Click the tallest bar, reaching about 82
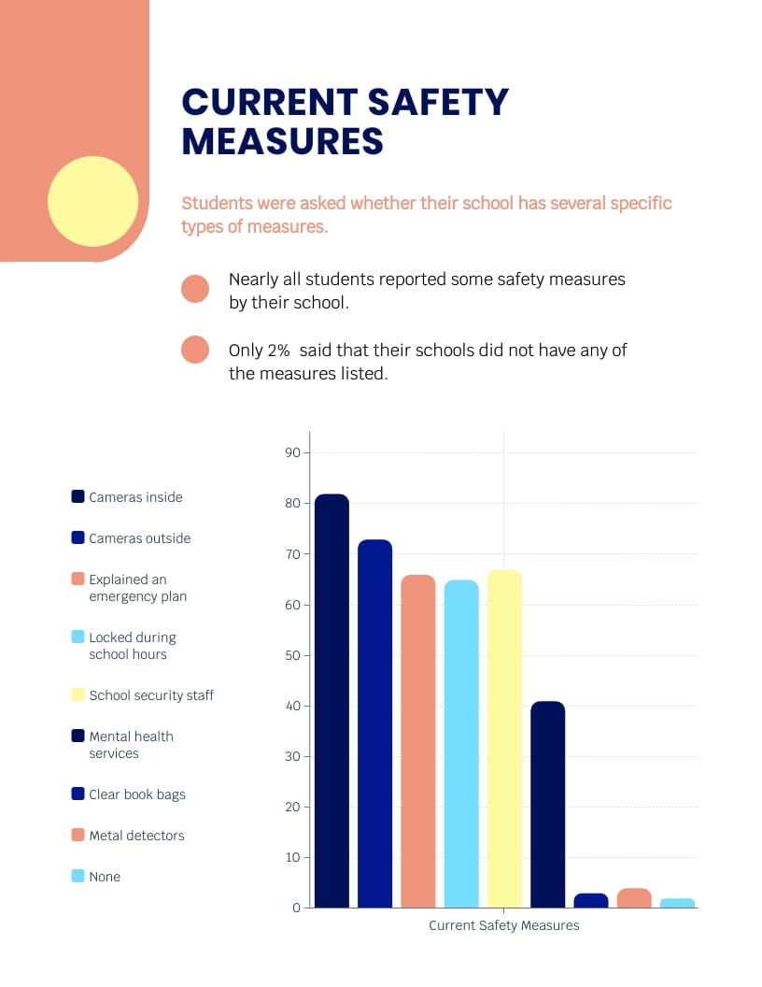pos(332,701)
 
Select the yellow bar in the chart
pos(504,738)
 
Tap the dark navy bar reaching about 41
pos(547,804)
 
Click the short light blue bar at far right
pos(677,903)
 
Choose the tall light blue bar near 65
pos(461,744)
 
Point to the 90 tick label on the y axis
pos(292,453)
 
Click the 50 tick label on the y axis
pos(292,655)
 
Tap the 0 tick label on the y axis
pos(296,908)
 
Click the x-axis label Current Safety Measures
pos(503,925)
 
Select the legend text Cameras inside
pos(135,497)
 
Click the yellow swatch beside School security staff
pos(78,694)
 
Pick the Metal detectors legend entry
pos(136,836)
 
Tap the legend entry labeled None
pos(105,877)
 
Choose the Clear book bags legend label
pos(137,794)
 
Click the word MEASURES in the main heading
pos(282,141)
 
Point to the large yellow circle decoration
pos(92,201)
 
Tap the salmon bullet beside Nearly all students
pos(195,289)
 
